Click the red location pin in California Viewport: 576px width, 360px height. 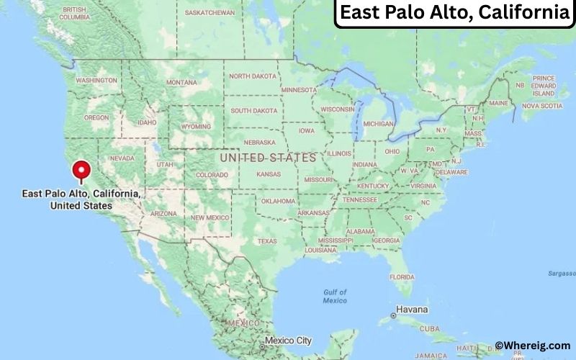click(x=81, y=171)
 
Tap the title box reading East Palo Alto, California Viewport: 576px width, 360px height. click(x=454, y=13)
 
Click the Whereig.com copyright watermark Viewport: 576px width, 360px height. click(x=532, y=346)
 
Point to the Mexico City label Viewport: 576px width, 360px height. click(x=288, y=340)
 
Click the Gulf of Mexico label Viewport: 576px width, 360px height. click(x=335, y=296)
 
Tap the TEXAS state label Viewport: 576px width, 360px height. click(x=267, y=240)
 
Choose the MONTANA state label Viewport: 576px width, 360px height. click(x=181, y=83)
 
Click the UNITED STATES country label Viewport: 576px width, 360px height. click(x=268, y=157)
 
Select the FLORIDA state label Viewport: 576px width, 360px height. click(x=402, y=276)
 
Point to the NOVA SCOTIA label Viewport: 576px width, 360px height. click(x=541, y=106)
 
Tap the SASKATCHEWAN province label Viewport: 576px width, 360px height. click(x=210, y=13)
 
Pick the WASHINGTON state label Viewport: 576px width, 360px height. click(x=96, y=80)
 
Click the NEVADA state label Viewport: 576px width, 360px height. click(x=122, y=158)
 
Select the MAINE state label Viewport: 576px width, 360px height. click(x=498, y=103)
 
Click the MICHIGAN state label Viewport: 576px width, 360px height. click(x=378, y=123)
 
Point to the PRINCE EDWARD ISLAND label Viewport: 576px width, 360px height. click(x=544, y=86)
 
